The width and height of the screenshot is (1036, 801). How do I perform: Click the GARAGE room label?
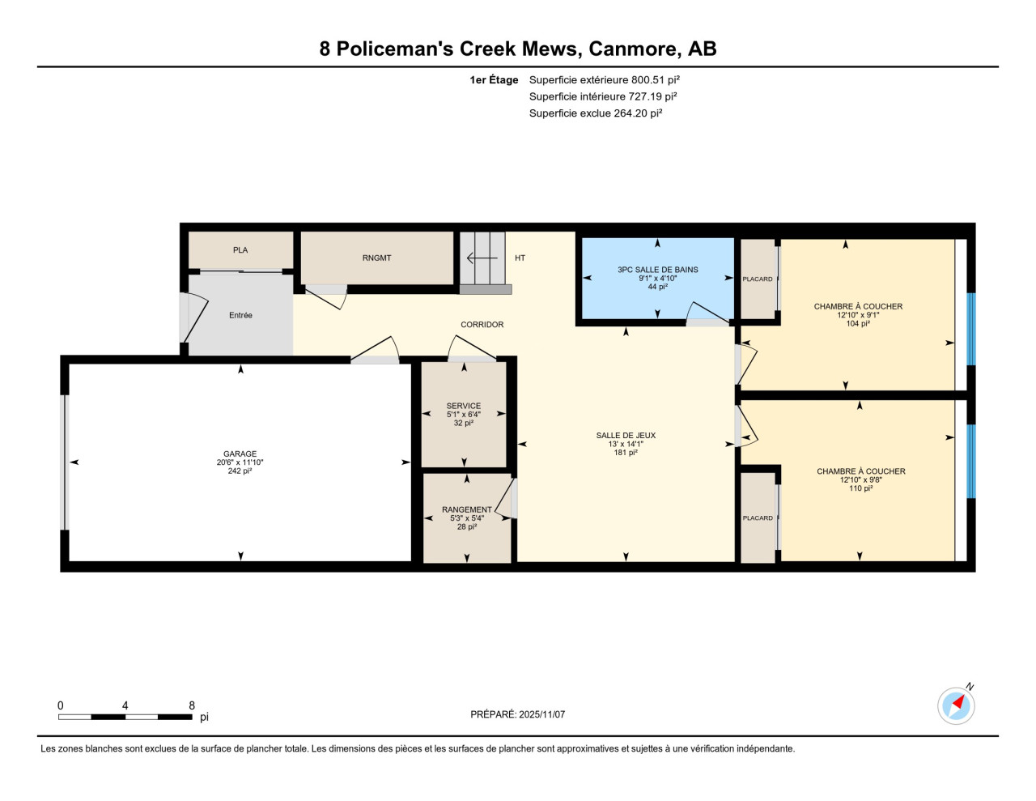coord(240,454)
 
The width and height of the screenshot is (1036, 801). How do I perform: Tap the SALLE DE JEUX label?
coord(626,435)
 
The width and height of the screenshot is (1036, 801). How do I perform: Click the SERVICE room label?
coord(464,406)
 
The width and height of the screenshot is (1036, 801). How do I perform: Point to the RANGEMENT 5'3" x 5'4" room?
coord(467,518)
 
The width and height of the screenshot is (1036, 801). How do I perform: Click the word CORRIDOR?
coord(482,325)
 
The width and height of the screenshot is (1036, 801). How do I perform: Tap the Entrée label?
coord(240,315)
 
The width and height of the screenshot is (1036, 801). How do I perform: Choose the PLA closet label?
coord(240,250)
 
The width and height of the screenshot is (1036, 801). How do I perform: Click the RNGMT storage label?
coord(376,258)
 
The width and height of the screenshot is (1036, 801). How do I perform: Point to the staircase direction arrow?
coord(482,258)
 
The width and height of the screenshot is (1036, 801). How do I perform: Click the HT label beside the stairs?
coord(520,258)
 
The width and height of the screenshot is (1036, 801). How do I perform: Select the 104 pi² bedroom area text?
coord(858,323)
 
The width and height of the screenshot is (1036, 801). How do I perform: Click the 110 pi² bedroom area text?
coord(860,488)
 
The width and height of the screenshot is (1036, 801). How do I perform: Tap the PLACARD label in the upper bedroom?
coord(757,279)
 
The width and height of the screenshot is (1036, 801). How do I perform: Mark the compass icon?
coord(956,705)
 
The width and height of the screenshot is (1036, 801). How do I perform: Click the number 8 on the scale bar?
coord(192,705)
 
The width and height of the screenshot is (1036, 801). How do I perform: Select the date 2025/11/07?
coord(542,714)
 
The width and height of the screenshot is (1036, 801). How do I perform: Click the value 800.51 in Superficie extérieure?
coord(648,79)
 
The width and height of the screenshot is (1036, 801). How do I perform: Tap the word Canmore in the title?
coord(633,49)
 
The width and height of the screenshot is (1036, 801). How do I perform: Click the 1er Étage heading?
coord(494,79)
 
